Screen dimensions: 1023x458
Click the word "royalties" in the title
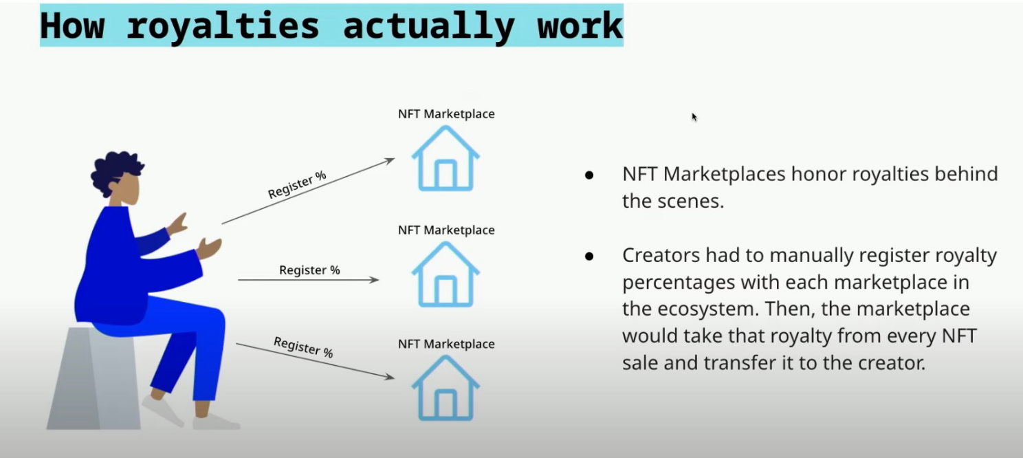pyautogui.click(x=223, y=27)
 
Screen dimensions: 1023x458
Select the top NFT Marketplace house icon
pyautogui.click(x=445, y=158)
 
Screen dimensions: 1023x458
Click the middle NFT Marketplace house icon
pyautogui.click(x=445, y=274)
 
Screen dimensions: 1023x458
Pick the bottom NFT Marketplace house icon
pyautogui.click(x=445, y=388)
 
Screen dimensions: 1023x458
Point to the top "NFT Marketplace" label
pyautogui.click(x=446, y=113)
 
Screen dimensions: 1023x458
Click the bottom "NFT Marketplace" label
pyautogui.click(x=446, y=344)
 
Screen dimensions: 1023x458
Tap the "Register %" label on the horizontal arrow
pyautogui.click(x=309, y=270)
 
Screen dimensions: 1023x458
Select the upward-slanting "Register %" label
pyautogui.click(x=297, y=184)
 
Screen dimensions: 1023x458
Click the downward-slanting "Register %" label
pyautogui.click(x=303, y=347)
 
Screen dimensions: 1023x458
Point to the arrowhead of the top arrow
pyautogui.click(x=390, y=160)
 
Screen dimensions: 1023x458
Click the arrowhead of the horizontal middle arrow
pyautogui.click(x=375, y=279)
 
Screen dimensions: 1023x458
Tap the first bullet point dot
pyautogui.click(x=589, y=175)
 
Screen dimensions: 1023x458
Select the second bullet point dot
pyautogui.click(x=589, y=257)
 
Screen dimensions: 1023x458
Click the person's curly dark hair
pyautogui.click(x=115, y=171)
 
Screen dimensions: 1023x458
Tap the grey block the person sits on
pyautogui.click(x=93, y=379)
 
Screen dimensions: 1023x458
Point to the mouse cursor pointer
pyautogui.click(x=694, y=117)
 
